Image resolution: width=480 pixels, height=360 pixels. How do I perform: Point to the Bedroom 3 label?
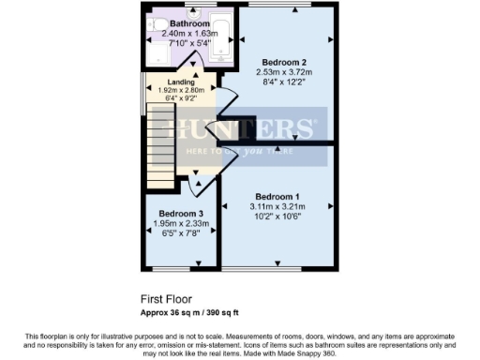coord(181,213)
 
